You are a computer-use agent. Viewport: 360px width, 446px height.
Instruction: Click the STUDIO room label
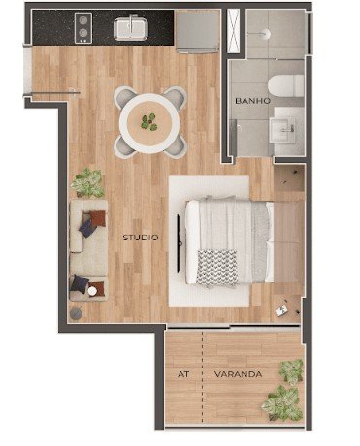pos(141,238)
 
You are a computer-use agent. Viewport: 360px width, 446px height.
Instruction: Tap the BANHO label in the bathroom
pos(252,101)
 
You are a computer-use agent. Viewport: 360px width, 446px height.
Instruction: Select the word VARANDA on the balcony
pos(238,374)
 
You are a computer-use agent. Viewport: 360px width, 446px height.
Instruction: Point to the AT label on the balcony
pos(183,374)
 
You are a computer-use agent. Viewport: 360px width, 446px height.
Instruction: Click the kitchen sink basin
pos(131,28)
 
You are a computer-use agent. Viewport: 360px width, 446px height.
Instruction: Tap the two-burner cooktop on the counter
pos(83,28)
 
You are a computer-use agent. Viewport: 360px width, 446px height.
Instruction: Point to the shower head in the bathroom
pos(266,33)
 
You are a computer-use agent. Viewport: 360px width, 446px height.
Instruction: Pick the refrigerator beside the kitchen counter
pos(197,31)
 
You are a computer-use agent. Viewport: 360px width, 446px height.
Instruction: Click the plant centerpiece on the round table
pos(149,122)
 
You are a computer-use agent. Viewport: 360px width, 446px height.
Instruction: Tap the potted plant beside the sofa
pos(87,183)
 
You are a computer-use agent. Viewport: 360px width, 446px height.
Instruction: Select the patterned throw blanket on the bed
pos(216,269)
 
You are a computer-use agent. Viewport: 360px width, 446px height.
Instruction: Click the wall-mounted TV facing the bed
pos(179,242)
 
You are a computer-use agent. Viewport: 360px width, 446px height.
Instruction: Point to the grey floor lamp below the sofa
pos(76,313)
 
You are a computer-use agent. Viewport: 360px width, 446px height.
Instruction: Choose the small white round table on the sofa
pos(92,291)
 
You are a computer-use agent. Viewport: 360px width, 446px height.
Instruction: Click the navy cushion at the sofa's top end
pos(87,228)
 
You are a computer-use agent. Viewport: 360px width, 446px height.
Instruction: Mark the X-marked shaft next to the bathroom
pos(233,31)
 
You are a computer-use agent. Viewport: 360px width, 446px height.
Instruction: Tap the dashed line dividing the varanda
pos(203,377)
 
